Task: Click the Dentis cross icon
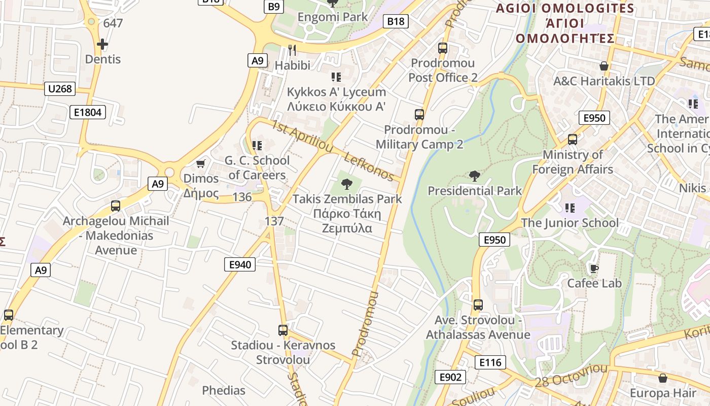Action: tap(102, 44)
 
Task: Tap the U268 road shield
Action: tap(60, 89)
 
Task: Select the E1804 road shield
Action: tap(88, 112)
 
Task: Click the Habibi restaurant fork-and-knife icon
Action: tap(292, 50)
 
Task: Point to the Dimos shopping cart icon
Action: tap(201, 163)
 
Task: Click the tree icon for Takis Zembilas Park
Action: tap(347, 184)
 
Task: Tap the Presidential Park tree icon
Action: tap(475, 176)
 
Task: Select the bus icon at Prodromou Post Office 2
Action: tap(443, 48)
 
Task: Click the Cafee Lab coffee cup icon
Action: tap(594, 268)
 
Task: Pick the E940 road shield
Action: tap(240, 264)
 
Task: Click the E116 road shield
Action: tap(490, 362)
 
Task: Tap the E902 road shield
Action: tap(450, 377)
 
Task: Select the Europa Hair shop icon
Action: tap(662, 378)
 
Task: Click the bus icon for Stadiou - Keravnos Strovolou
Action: tap(283, 330)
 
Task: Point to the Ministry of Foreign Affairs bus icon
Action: tap(573, 139)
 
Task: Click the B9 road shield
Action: tap(273, 6)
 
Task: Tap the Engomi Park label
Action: tap(333, 17)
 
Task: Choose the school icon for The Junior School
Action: tap(570, 208)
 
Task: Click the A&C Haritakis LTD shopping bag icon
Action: tap(604, 66)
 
